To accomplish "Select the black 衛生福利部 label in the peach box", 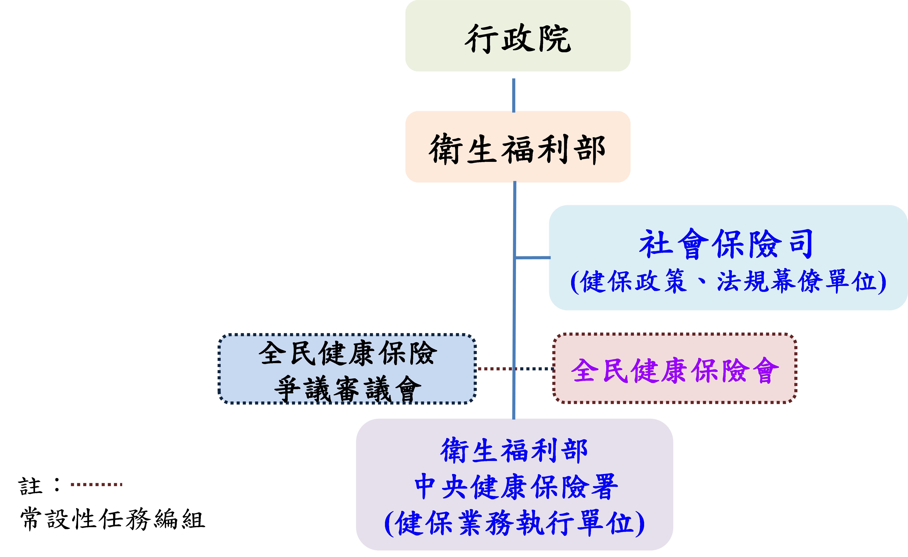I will pyautogui.click(x=517, y=149).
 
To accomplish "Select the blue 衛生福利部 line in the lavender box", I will pyautogui.click(x=514, y=450).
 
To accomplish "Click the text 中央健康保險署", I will pyautogui.click(x=516, y=487).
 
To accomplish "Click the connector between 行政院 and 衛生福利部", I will pyautogui.click(x=514, y=95).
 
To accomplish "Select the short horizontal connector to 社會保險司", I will pyautogui.click(x=533, y=257).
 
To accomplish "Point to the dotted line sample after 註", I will pyautogui.click(x=97, y=484).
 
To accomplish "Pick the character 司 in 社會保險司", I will pyautogui.click(x=801, y=244).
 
